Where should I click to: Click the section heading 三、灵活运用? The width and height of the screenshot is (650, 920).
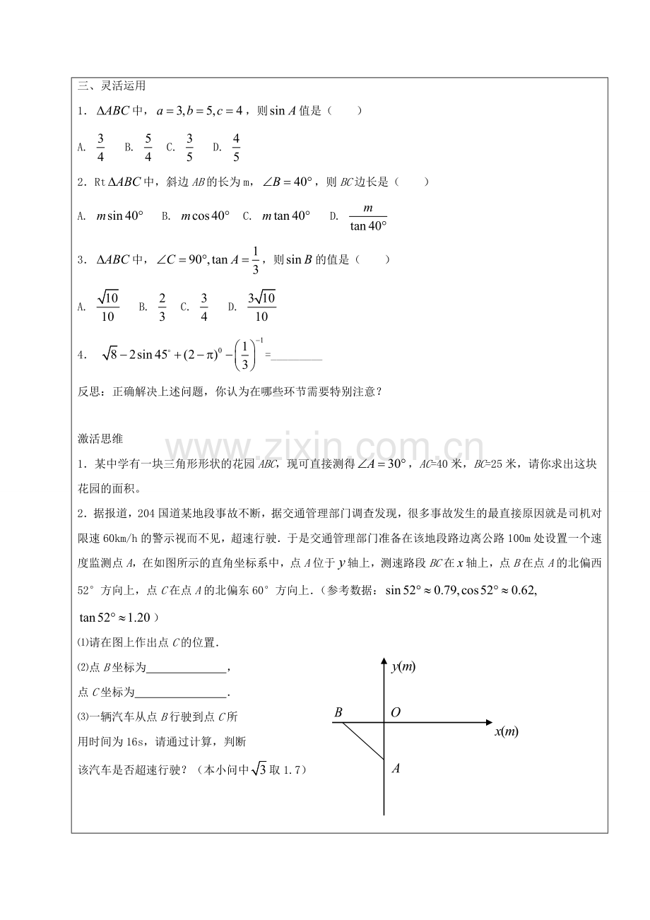102,86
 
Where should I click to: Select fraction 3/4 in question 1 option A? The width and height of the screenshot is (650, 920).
102,147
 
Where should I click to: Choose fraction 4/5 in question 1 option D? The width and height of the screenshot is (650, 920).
236,147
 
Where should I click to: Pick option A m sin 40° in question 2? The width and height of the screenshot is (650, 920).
119,216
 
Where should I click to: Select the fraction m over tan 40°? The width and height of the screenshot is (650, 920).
367,217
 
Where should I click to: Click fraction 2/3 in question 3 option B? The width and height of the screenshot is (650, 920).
162,307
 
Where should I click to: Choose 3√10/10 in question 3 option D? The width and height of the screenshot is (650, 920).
261,307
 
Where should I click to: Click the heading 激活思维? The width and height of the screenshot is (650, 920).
100,439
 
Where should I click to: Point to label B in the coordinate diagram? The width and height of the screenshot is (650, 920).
338,713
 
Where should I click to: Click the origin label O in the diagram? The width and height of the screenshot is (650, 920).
396,712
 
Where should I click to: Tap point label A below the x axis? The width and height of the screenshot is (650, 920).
396,768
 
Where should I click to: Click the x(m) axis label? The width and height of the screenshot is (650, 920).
506,731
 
